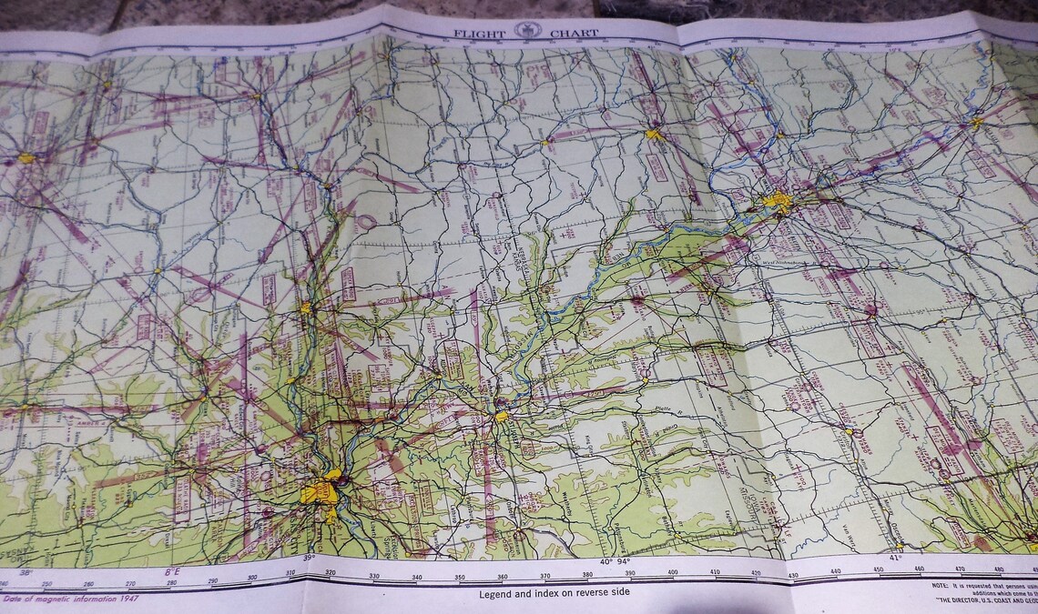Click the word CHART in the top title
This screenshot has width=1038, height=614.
(x=574, y=34)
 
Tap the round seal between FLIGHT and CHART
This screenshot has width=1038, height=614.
(x=527, y=31)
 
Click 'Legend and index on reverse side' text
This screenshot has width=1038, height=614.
(x=554, y=593)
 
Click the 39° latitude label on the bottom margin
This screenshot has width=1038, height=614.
(x=309, y=558)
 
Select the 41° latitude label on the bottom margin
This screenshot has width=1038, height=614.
(x=893, y=558)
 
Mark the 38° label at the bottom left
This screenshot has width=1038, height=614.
(x=25, y=573)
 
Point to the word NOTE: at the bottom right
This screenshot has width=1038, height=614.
(x=942, y=587)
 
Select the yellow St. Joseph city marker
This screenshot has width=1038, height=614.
(x=501, y=416)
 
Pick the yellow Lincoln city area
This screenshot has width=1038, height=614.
(x=654, y=135)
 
